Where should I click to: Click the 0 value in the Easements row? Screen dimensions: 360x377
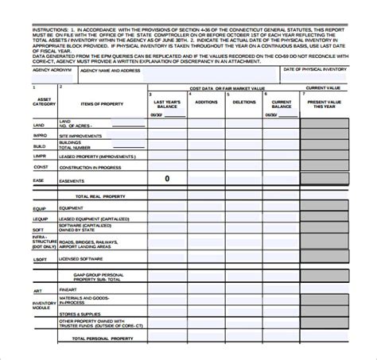[x=166, y=179]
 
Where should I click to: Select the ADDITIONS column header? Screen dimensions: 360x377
[x=206, y=103]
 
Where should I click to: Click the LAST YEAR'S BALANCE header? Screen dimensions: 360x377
[x=167, y=105]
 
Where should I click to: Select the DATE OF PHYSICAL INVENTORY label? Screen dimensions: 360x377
[x=315, y=70]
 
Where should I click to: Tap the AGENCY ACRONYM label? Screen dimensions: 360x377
[x=47, y=70]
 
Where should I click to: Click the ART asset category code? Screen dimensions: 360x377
[x=37, y=291]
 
